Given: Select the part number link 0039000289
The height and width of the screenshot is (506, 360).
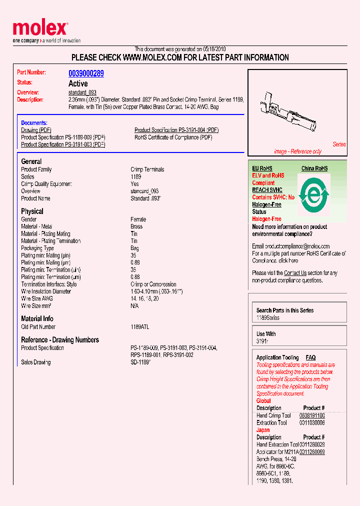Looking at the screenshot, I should pos(86,73).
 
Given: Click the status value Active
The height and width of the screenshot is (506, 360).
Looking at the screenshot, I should pos(78,83).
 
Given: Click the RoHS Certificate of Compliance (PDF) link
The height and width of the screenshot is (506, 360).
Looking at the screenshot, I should pos(173,137).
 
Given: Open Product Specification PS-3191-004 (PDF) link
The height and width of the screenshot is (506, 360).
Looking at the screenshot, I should pos(176,130).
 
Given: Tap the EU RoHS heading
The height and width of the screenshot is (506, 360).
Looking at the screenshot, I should pos(262,168).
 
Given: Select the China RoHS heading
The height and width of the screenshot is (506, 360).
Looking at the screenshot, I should pos(314,168).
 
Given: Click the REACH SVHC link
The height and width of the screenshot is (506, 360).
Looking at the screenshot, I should pos(267,190).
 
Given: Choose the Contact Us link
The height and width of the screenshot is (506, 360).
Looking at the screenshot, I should pos(295,273).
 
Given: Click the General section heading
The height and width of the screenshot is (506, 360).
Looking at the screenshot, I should pos(31,161).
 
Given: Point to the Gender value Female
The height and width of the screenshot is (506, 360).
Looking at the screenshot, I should pos(138,219).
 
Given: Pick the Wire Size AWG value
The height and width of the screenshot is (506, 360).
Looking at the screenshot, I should pos(145,298).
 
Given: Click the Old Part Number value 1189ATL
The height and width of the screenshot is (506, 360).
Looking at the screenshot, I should pos(140,327).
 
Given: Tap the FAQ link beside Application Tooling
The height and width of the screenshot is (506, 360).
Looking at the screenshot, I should pos(310,357).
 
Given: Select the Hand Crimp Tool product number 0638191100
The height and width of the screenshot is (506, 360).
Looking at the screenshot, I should pos(312,415).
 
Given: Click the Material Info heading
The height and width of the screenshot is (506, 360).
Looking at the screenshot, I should pos(37,318).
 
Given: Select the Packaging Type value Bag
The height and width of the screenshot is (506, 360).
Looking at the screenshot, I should pos(135,248).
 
